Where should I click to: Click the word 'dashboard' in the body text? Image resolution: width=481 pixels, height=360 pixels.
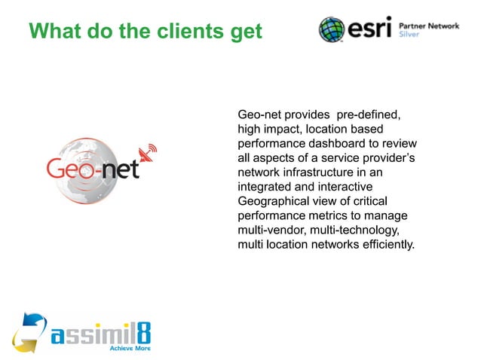(x=354, y=144)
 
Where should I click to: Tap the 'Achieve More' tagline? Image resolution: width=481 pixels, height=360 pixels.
(x=131, y=349)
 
